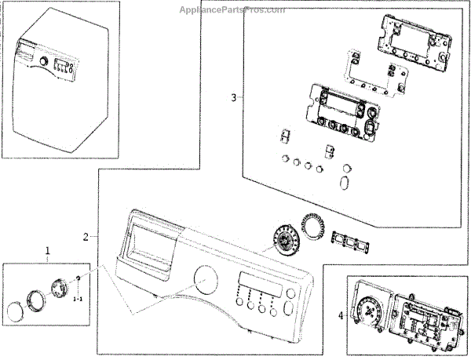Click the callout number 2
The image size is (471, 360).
point(86,236)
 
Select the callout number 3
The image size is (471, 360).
point(233,98)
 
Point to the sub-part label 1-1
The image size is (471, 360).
point(78,299)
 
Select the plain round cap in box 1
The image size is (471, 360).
point(15,313)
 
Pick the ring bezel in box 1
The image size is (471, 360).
point(36,300)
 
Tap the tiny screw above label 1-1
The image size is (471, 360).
point(78,280)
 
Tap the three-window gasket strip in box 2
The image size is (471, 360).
point(350,242)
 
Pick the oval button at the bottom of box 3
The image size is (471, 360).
point(344,183)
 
